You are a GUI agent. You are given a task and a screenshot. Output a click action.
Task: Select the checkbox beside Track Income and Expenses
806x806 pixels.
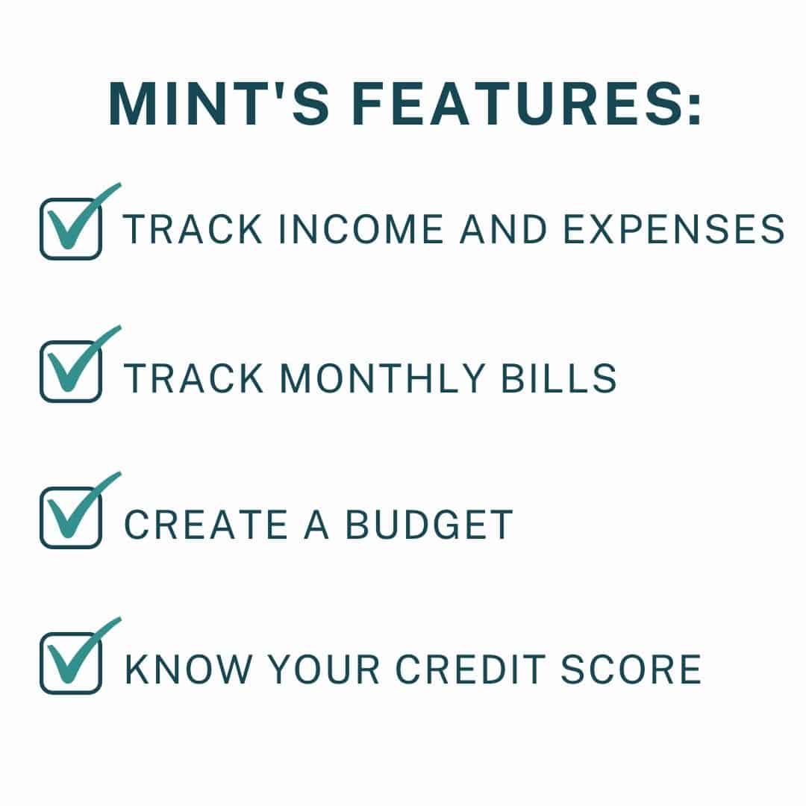point(70,228)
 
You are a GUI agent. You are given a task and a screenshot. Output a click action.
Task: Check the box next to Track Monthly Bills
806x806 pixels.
point(70,372)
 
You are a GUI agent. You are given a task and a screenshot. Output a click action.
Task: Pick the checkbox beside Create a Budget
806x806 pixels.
point(70,518)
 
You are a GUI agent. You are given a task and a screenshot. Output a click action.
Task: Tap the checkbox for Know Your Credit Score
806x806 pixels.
point(70,663)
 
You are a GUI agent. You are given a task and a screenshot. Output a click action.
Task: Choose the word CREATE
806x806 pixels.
point(205,525)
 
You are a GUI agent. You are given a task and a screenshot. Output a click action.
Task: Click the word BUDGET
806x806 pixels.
point(428,525)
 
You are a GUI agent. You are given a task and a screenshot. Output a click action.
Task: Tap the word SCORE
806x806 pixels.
point(639,669)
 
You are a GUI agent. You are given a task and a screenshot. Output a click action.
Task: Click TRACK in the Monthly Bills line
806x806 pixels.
point(194,378)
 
